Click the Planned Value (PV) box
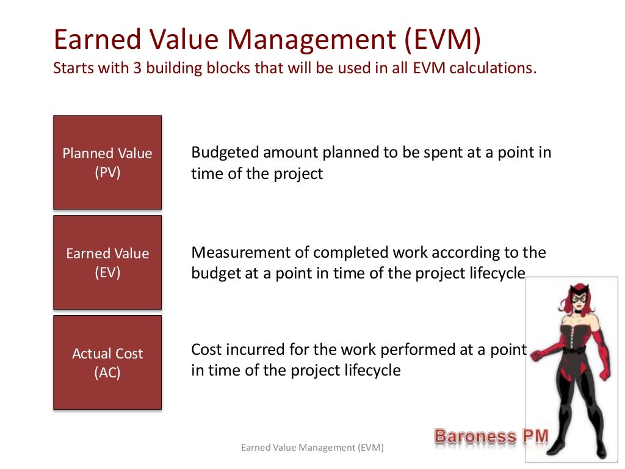107,162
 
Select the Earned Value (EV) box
107,263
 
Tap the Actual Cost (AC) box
107,362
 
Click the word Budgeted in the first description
224,152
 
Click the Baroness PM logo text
491,436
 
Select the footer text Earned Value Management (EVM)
312,448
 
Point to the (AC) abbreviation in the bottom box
107,373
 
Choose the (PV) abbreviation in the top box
107,173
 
